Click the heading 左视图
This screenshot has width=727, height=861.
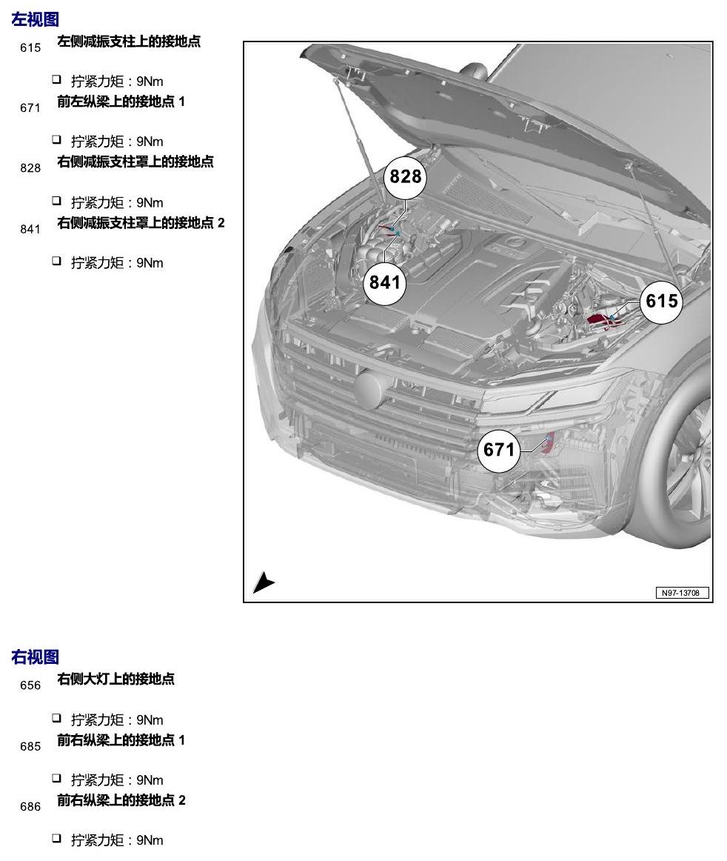(35, 20)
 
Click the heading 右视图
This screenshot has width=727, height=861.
(35, 656)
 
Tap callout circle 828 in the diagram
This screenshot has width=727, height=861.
(406, 177)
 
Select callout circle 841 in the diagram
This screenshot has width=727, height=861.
(385, 283)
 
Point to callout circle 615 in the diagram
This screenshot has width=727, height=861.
(662, 301)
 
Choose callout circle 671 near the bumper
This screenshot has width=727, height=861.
(498, 451)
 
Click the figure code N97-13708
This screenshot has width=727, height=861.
(682, 593)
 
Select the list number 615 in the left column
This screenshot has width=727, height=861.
(30, 47)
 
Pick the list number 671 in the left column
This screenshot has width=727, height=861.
(30, 108)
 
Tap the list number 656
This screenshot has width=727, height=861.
(30, 685)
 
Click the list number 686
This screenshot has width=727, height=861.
(30, 807)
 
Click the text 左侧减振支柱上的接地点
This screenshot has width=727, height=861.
(129, 41)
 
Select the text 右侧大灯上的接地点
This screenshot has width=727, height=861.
(115, 679)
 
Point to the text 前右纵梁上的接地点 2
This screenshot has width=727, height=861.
(121, 800)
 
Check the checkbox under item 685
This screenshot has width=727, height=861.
(56, 778)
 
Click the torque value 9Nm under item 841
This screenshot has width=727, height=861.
(150, 263)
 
